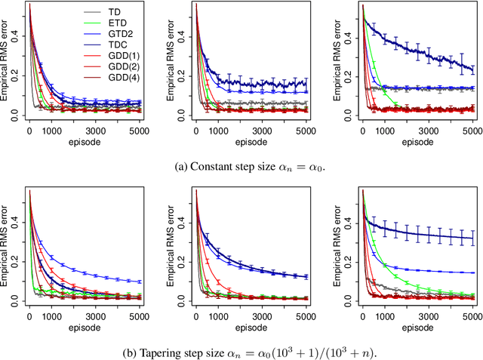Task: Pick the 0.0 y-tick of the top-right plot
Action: click(349, 114)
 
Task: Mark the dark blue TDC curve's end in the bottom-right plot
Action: click(472, 238)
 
